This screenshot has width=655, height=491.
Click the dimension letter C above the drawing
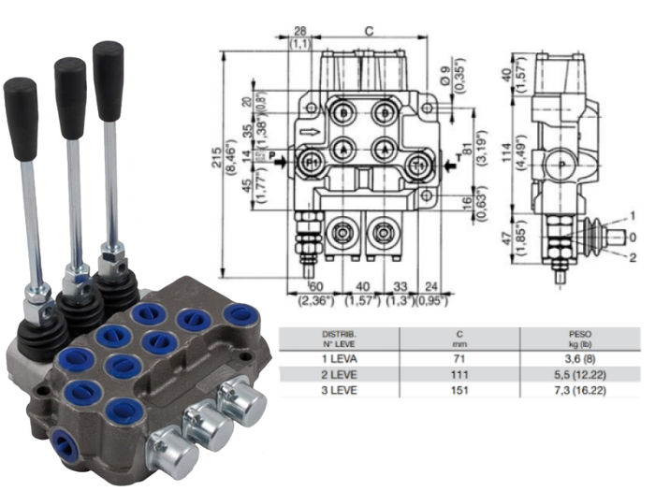pos(368,30)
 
